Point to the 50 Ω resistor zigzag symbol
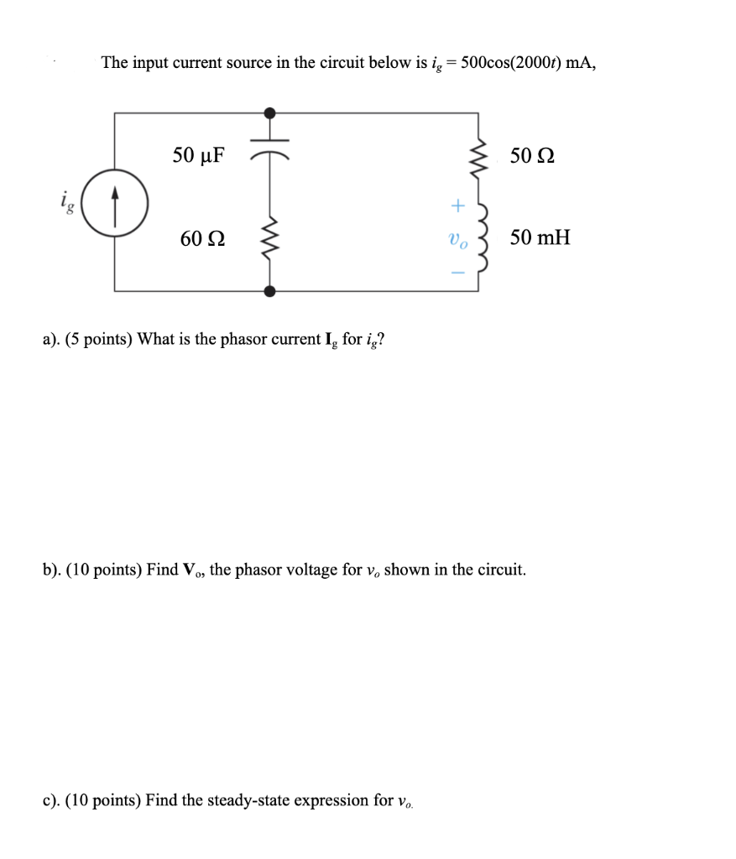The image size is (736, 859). pos(478,156)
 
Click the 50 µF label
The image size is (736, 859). pos(199,154)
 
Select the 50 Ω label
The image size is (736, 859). pos(533,155)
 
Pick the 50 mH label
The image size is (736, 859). pos(540,237)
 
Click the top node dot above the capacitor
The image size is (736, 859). pos(269,112)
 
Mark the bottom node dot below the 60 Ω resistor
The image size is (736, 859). pos(269,290)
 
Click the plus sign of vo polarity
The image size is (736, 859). pos(457,204)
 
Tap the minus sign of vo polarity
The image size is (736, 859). pos(457,271)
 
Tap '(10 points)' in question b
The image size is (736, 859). pos(102,570)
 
